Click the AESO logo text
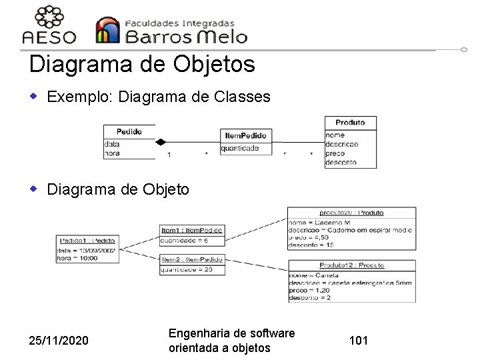pyautogui.click(x=49, y=37)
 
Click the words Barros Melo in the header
pyautogui.click(x=187, y=35)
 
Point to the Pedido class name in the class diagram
pyautogui.click(x=129, y=131)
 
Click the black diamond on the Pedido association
pyautogui.click(x=160, y=141)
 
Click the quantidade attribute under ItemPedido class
pyautogui.click(x=240, y=148)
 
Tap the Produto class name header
pyautogui.click(x=350, y=123)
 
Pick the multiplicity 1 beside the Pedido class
pyautogui.click(x=169, y=155)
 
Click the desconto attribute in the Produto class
pyautogui.click(x=341, y=162)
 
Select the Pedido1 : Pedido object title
pyautogui.click(x=87, y=240)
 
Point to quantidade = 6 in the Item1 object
pyautogui.click(x=185, y=241)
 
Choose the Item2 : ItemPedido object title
pyautogui.click(x=192, y=259)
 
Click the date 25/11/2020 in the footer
pyautogui.click(x=59, y=341)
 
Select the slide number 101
pyautogui.click(x=359, y=341)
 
